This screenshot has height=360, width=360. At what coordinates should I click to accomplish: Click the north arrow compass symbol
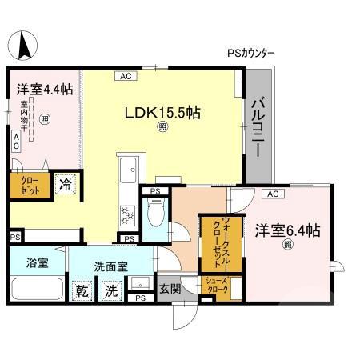tap(25, 43)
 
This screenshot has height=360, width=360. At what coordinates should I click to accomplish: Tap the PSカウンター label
tap(250, 54)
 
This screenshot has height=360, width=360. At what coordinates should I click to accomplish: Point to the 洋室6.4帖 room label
tap(289, 230)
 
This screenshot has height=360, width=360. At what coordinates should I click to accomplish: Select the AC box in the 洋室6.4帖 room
tap(271, 194)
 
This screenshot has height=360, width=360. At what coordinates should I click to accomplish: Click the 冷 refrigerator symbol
tap(67, 185)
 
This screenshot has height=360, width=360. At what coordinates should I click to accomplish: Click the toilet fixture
tap(157, 214)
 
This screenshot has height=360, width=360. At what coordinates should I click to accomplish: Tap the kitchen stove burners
tap(127, 215)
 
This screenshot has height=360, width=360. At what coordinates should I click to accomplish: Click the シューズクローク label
tap(217, 285)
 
